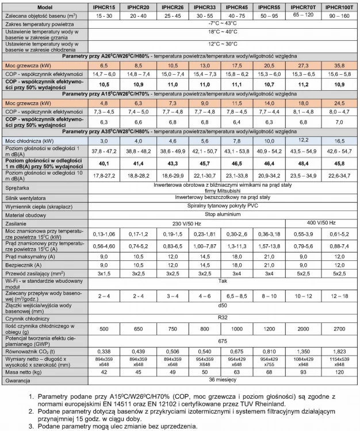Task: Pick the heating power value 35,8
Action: pos(339,66)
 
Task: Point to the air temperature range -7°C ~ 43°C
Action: pos(222,26)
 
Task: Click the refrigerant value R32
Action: pos(222,318)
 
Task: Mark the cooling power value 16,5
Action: pos(339,141)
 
